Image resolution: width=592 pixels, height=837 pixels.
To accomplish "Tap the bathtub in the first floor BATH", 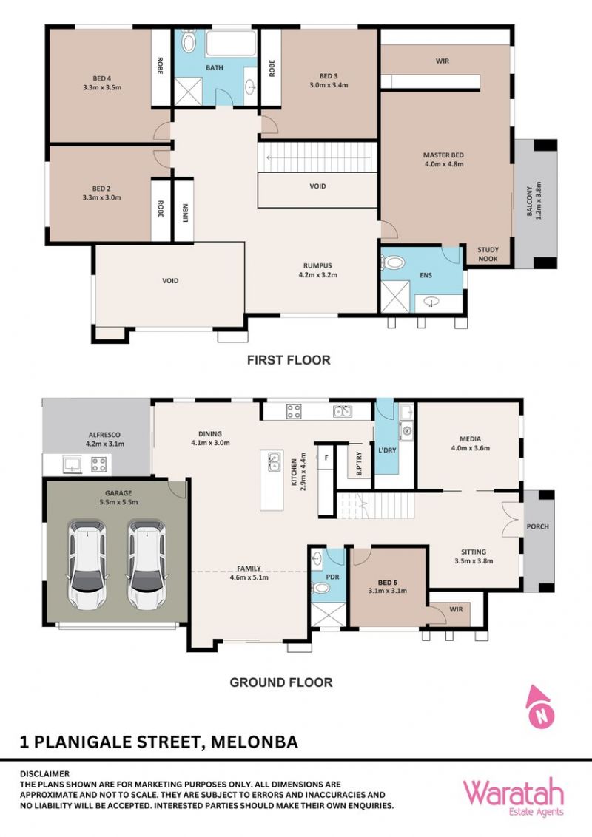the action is point(231,43).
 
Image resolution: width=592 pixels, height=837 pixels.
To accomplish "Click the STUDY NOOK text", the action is point(488,254).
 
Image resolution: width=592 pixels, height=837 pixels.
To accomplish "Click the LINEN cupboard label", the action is point(186,213).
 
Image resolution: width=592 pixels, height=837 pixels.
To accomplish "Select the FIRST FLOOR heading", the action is point(289,360).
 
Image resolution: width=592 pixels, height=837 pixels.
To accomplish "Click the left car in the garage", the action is point(87,566).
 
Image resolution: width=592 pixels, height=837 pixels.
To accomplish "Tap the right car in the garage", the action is point(146,566).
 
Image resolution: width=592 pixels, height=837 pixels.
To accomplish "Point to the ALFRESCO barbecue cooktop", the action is point(98,464).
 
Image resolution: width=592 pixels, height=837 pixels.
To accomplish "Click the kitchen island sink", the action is point(274,461).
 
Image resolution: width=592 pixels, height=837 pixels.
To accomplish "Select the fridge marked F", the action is point(326,458).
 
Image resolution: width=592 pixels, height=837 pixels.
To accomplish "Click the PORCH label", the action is point(537,526).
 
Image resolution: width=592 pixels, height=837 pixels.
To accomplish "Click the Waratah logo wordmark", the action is point(513,794).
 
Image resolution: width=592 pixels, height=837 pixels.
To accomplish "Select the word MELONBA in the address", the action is point(255,742).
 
